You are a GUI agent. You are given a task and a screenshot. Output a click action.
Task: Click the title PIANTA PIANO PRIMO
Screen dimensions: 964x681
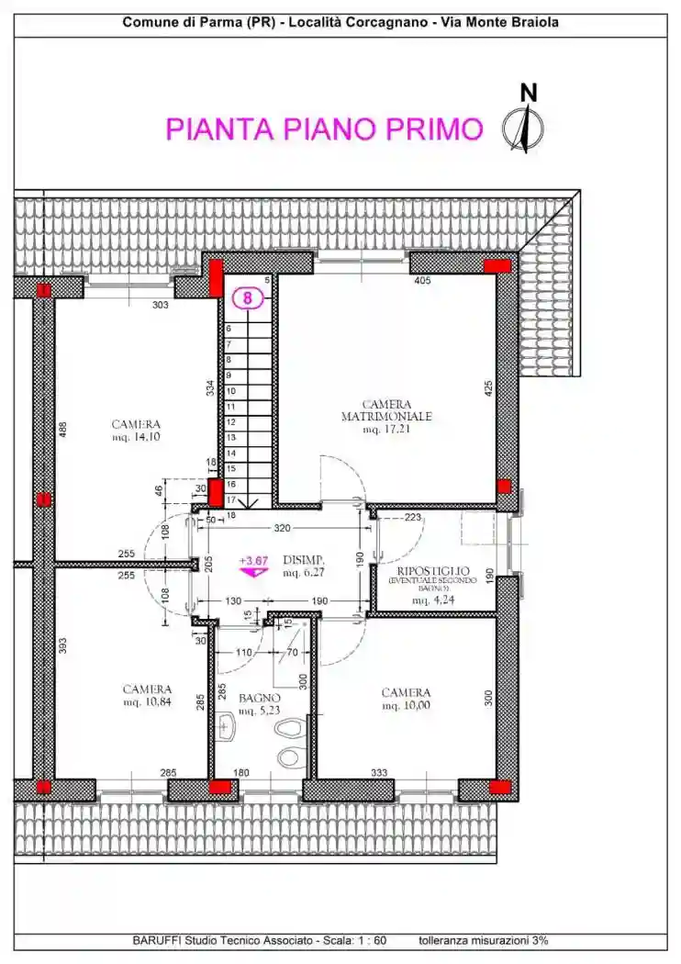point(324,129)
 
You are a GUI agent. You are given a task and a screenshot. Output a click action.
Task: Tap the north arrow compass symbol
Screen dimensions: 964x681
point(523,129)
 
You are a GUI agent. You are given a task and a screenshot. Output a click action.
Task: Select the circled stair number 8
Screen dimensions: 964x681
point(247,297)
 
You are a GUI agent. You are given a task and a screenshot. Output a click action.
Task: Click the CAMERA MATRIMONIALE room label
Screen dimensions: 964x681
point(386,410)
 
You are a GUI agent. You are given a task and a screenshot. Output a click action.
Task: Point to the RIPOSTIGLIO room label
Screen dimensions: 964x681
point(432,571)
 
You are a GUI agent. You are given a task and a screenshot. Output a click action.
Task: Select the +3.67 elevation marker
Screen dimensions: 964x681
point(252,560)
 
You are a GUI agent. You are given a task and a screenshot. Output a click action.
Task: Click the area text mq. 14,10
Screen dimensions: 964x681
point(136,438)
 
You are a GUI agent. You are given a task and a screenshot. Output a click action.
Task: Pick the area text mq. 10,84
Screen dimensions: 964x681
point(147,702)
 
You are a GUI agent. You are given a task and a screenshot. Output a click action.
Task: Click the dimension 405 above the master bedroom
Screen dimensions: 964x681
point(422,281)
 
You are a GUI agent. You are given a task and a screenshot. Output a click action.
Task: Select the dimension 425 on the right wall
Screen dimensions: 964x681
point(489,390)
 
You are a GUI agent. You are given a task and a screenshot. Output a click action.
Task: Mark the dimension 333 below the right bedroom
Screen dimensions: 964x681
point(378,773)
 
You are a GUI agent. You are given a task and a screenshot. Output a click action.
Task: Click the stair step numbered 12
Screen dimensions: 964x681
point(231,421)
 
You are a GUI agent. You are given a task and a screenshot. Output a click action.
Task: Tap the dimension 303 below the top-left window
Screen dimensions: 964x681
point(161,305)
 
